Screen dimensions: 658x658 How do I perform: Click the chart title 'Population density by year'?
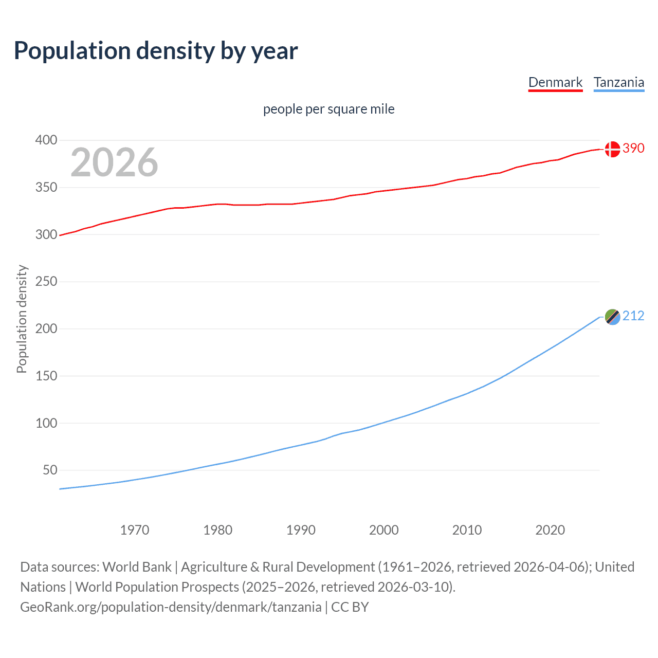pyautogui.click(x=156, y=51)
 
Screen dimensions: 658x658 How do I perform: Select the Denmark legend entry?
pyautogui.click(x=555, y=82)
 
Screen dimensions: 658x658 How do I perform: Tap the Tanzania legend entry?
pyautogui.click(x=618, y=82)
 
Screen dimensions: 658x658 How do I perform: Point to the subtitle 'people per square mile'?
pyautogui.click(x=328, y=109)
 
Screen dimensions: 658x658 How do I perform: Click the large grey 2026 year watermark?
pyautogui.click(x=114, y=162)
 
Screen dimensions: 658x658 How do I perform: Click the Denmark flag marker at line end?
pyautogui.click(x=612, y=149)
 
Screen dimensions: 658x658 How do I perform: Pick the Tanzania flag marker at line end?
pyautogui.click(x=612, y=317)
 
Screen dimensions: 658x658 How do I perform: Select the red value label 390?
pyautogui.click(x=633, y=148)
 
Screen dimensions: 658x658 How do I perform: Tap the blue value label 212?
pyautogui.click(x=633, y=316)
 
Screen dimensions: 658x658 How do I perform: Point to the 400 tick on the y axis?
pyautogui.click(x=46, y=140)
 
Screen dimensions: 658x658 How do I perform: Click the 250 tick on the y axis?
pyautogui.click(x=46, y=282)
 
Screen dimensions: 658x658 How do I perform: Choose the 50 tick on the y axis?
pyautogui.click(x=50, y=470)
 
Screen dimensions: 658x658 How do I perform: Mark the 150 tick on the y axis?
pyautogui.click(x=46, y=376)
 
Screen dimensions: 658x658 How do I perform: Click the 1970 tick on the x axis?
pyautogui.click(x=135, y=530)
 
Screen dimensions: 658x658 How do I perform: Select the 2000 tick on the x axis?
pyautogui.click(x=384, y=530)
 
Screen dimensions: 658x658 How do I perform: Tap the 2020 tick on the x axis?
pyautogui.click(x=550, y=530)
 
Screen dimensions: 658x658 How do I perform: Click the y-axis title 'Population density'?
pyautogui.click(x=22, y=319)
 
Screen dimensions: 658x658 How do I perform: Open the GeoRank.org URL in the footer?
pyautogui.click(x=171, y=607)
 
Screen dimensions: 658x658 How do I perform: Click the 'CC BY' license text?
pyautogui.click(x=350, y=607)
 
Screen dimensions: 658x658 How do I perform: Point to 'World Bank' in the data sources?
pyautogui.click(x=137, y=566)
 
